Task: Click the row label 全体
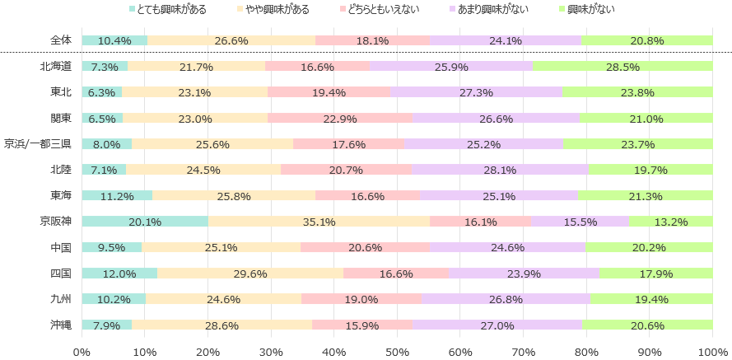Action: point(61,40)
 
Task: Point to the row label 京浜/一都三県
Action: point(38,144)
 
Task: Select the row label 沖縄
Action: point(61,325)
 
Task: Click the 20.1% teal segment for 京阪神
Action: point(145,222)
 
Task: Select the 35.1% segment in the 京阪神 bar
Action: point(319,222)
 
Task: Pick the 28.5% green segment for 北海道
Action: point(622,66)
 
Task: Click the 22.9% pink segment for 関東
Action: point(340,118)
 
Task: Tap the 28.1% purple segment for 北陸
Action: point(501,170)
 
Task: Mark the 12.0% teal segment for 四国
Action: point(119,273)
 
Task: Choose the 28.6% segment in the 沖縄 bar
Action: point(221,325)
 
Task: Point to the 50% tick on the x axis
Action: point(397,353)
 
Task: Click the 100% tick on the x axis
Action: point(712,353)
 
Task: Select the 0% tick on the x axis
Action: point(82,353)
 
